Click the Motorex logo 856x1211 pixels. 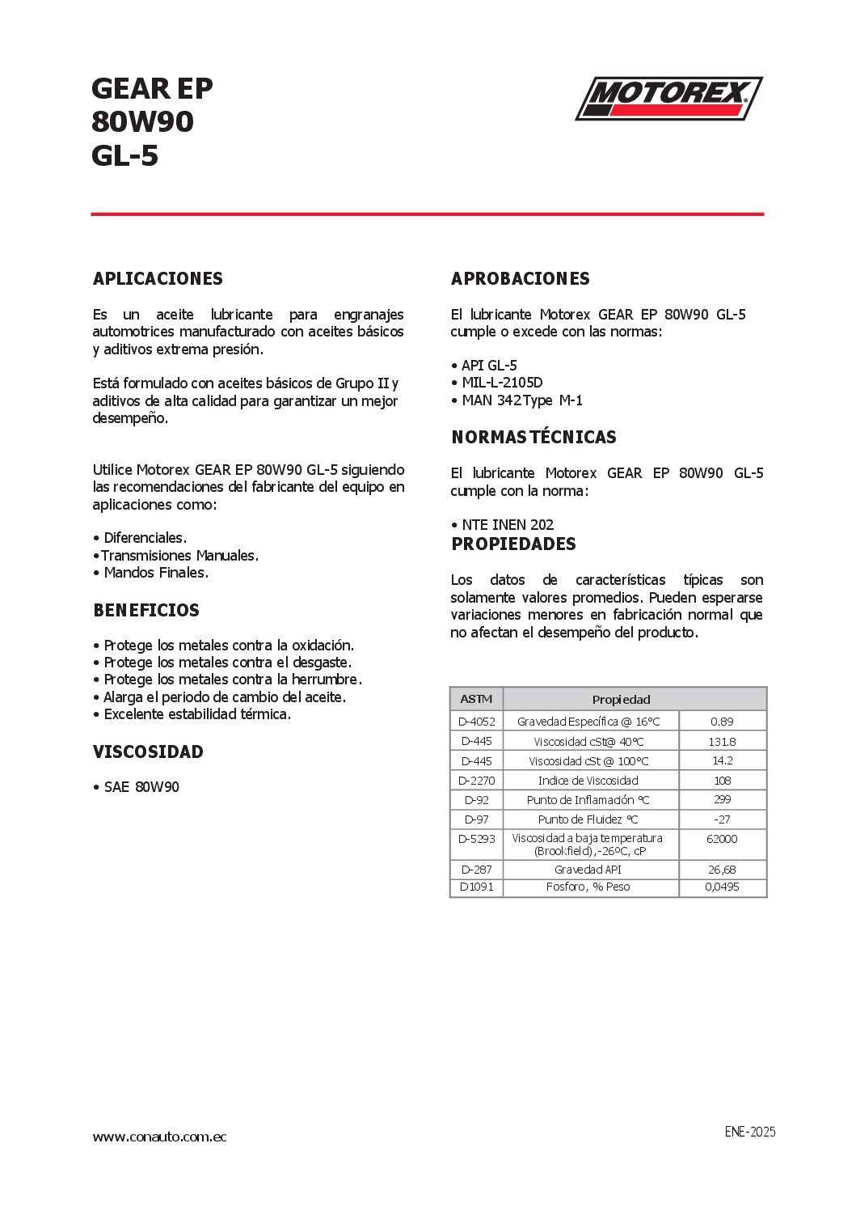[668, 99]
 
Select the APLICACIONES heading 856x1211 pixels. [158, 279]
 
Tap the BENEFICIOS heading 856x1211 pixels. [146, 611]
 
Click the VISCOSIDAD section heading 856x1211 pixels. [148, 752]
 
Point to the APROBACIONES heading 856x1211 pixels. [521, 279]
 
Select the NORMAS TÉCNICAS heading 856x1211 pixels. [533, 438]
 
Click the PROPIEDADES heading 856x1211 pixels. [513, 544]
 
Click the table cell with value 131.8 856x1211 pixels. [722, 742]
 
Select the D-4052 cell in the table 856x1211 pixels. [477, 722]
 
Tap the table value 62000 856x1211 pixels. [722, 839]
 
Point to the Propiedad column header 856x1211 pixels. [621, 700]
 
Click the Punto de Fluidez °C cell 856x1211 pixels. [588, 819]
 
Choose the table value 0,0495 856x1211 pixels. [722, 887]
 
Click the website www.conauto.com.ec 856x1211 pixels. [159, 1137]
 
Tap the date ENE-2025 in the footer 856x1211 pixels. [749, 1132]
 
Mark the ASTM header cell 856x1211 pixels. [476, 700]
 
